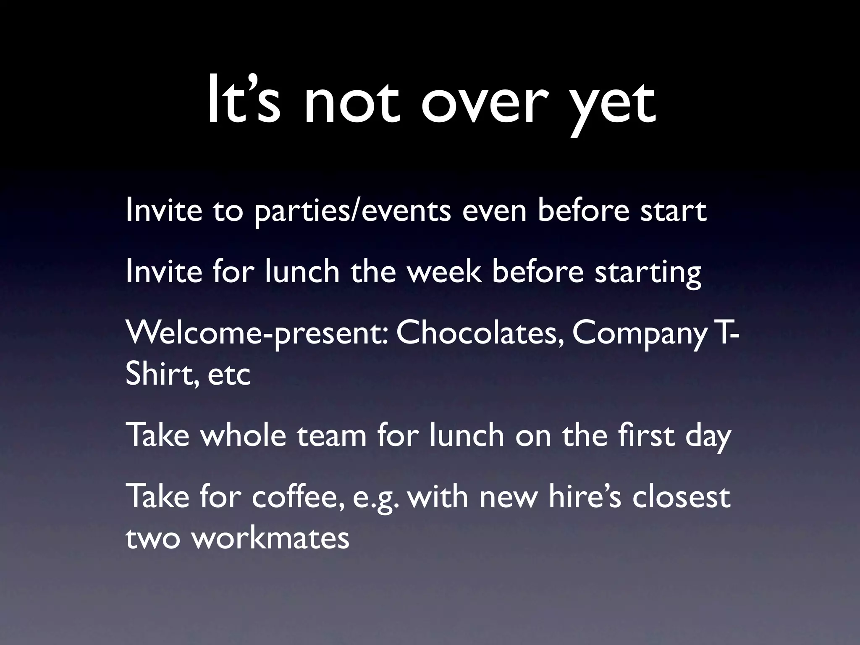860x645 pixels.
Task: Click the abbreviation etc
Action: click(229, 375)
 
